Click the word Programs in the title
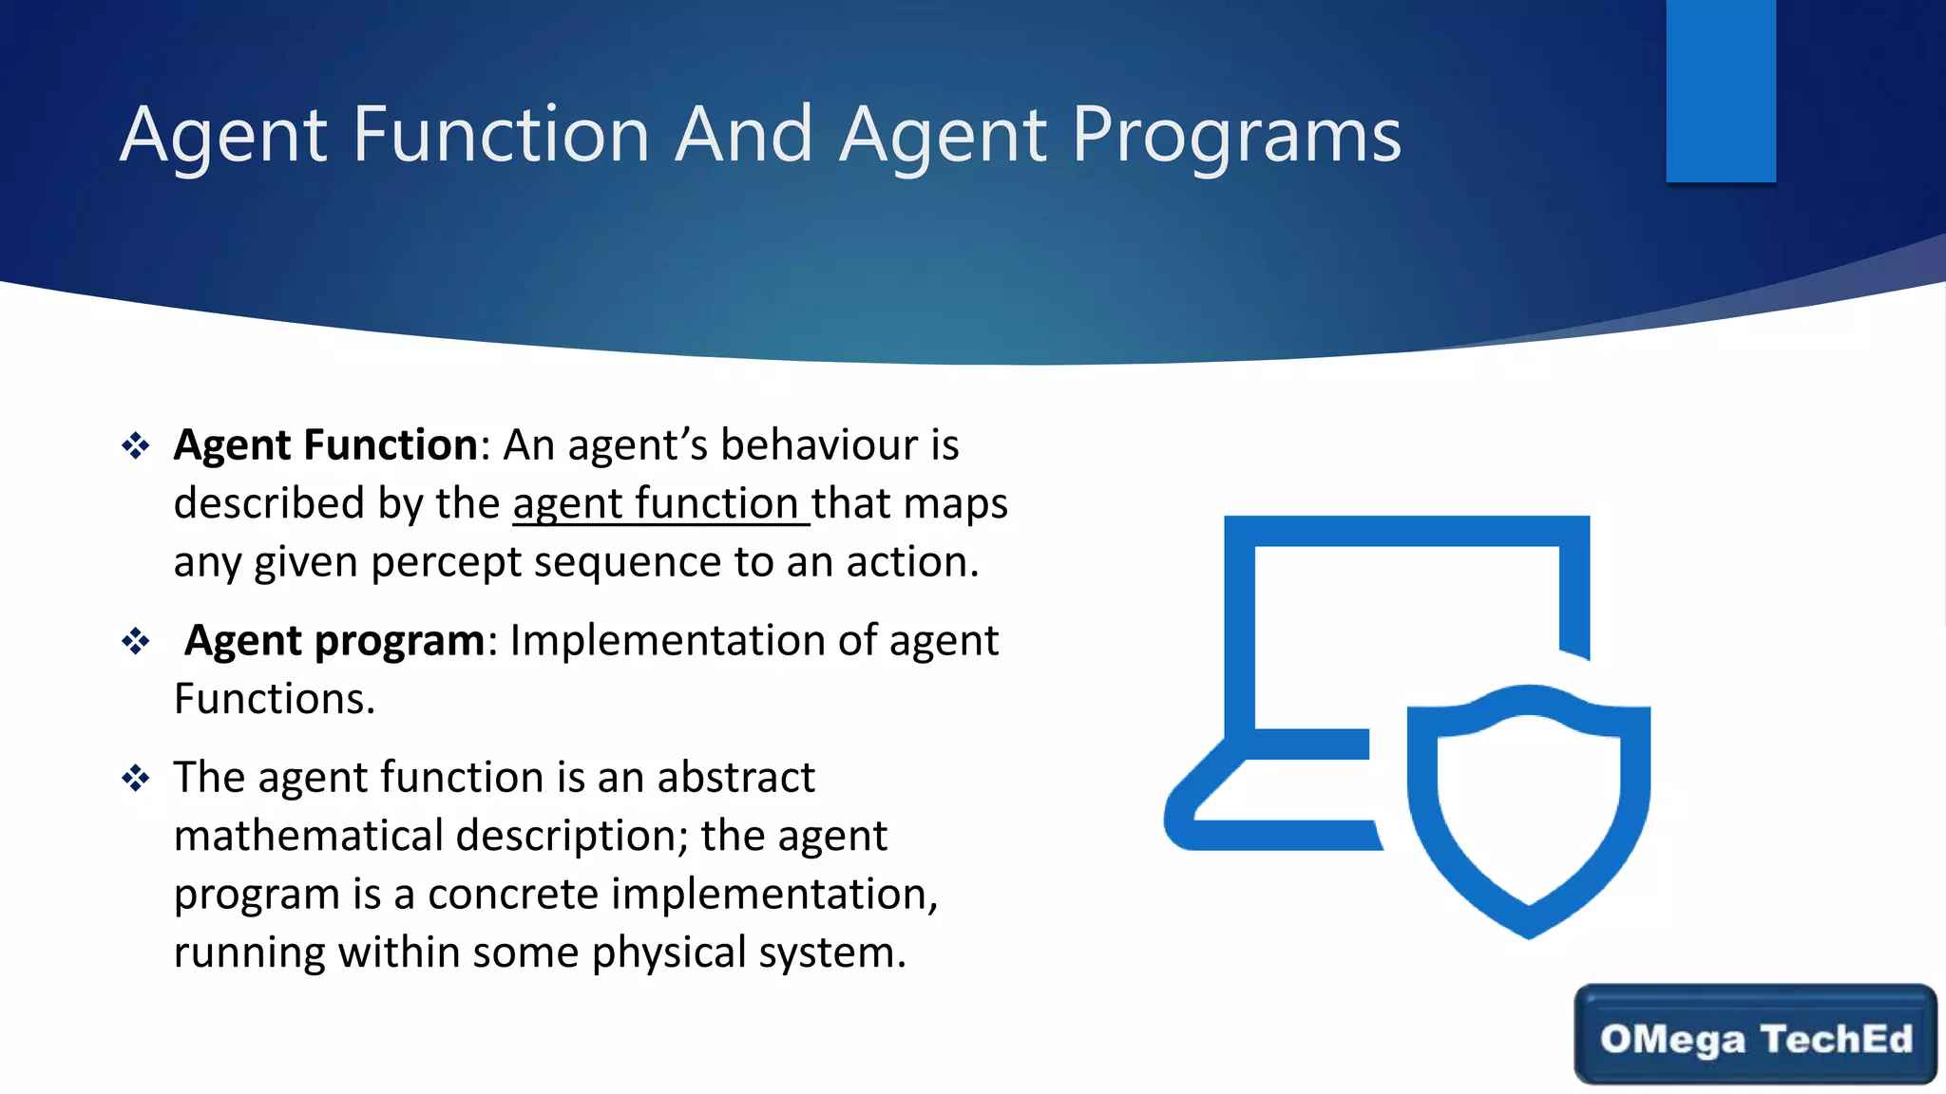(1236, 136)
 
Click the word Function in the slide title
(501, 134)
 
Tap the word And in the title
(743, 134)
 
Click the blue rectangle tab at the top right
(1720, 90)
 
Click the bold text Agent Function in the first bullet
(325, 444)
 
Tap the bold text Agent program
(334, 640)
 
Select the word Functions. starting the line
(275, 699)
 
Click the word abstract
(735, 777)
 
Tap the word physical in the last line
(669, 953)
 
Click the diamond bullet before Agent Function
(136, 445)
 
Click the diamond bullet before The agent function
(136, 779)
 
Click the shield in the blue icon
(1528, 807)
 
